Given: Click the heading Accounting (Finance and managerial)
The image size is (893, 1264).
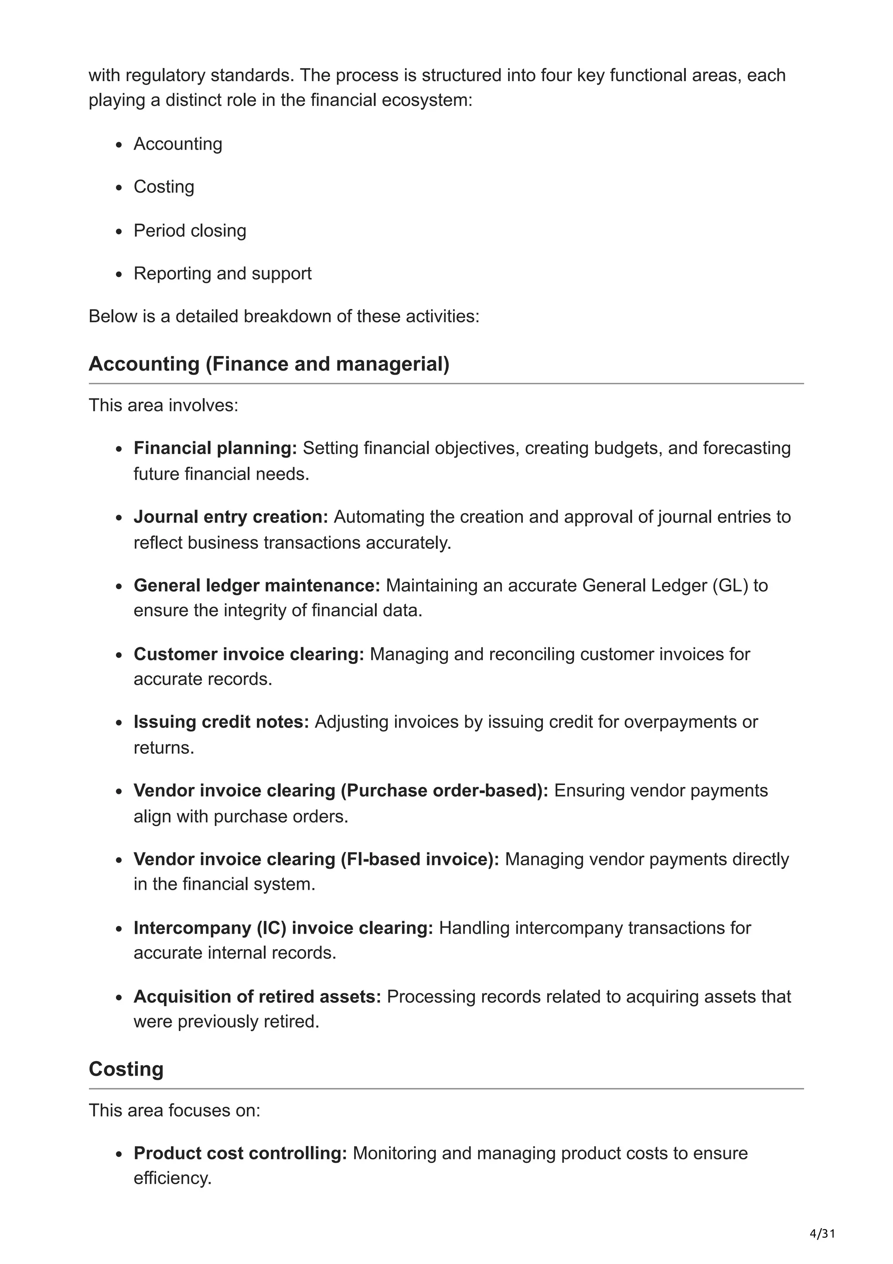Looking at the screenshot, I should (269, 364).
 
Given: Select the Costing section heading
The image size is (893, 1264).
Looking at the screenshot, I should (126, 1069).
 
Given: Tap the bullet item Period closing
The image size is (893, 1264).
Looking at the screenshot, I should (190, 230).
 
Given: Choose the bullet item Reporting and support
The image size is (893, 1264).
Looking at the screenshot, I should (222, 273).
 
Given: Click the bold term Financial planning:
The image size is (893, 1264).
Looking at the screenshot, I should (215, 448).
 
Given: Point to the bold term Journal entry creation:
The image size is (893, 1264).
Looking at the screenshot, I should (231, 516).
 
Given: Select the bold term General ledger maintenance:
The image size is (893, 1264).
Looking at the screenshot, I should (256, 585).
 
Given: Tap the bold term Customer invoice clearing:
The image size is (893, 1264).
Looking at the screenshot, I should (249, 654).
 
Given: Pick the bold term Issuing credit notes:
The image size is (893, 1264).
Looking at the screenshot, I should (221, 722).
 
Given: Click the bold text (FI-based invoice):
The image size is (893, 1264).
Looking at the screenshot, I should (420, 859).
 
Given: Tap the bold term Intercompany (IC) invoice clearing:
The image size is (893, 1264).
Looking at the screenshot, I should (283, 928).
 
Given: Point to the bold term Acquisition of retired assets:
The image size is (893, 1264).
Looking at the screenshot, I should (257, 997).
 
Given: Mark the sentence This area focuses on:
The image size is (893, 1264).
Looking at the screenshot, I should (174, 1110).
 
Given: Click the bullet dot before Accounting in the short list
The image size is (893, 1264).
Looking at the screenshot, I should (119, 145).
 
